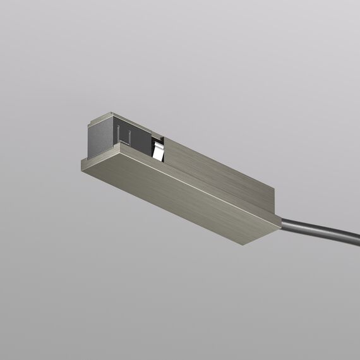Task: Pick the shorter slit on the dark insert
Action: pyautogui.click(x=129, y=135)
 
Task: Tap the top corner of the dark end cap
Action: pyautogui.click(x=110, y=113)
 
